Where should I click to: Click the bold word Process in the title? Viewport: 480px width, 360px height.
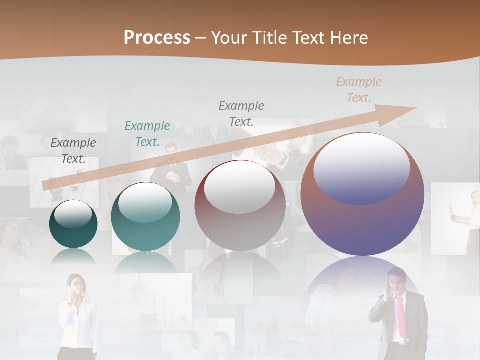pos(157,38)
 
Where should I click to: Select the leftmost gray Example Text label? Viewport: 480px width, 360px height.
pos(73,151)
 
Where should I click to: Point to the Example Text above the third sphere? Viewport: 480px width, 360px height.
pos(241,114)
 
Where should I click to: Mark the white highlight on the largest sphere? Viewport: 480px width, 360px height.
pos(361,167)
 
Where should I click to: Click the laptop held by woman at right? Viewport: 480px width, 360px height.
pos(457,212)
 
